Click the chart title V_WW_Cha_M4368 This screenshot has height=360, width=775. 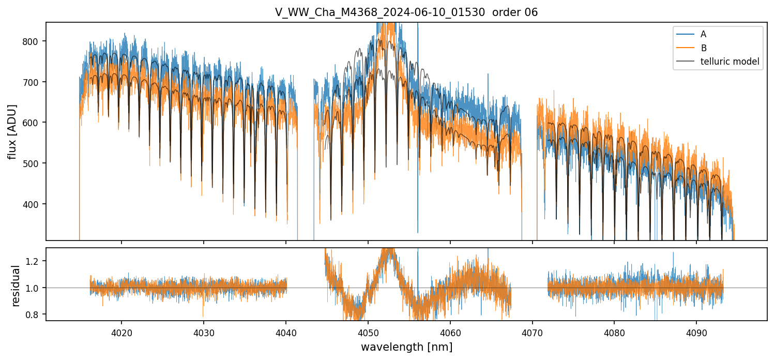406,12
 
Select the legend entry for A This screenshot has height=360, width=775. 703,34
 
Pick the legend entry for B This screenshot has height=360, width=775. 703,48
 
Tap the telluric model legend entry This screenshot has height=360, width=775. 730,62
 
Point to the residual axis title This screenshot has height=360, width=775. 16,286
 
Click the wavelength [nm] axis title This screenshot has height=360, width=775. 406,347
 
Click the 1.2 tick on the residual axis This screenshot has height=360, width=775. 36,261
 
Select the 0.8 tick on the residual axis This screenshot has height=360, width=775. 36,314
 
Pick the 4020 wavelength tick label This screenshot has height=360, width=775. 121,331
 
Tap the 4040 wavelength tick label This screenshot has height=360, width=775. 286,331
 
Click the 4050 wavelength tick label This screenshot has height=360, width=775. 368,331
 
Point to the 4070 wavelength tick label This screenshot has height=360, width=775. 533,331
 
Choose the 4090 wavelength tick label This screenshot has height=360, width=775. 696,331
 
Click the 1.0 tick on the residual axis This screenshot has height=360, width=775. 36,288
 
